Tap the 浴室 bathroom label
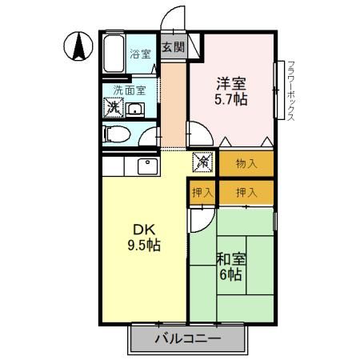tap(141, 55)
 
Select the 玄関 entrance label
tap(173, 47)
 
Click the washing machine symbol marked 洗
tap(113, 108)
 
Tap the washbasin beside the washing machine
tap(134, 110)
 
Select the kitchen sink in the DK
tap(146, 166)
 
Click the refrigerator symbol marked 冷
tap(203, 163)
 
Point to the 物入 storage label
tap(246, 164)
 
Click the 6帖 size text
tap(231, 276)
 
